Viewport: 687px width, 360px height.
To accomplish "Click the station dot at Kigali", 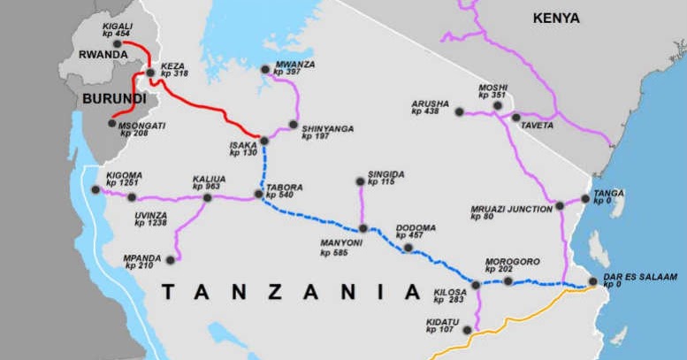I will click(118, 43).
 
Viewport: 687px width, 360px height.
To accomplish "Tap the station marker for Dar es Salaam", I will click(593, 283).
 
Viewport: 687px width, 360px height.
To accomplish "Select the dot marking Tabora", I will click(258, 194).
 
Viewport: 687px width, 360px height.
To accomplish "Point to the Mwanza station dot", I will click(265, 69).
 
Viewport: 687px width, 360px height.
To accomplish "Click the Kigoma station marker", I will click(95, 189).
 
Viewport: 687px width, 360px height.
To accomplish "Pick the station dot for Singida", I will click(360, 181).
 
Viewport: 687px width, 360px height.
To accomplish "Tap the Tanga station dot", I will click(585, 199).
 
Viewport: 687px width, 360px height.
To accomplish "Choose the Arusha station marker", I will click(459, 111).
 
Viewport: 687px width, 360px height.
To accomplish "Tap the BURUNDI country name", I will click(114, 99).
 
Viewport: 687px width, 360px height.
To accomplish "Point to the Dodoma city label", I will click(416, 227).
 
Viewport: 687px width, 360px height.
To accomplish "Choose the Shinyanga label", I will click(327, 129).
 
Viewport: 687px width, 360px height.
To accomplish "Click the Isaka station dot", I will click(263, 140).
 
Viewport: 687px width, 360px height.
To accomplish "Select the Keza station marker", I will click(151, 73).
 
